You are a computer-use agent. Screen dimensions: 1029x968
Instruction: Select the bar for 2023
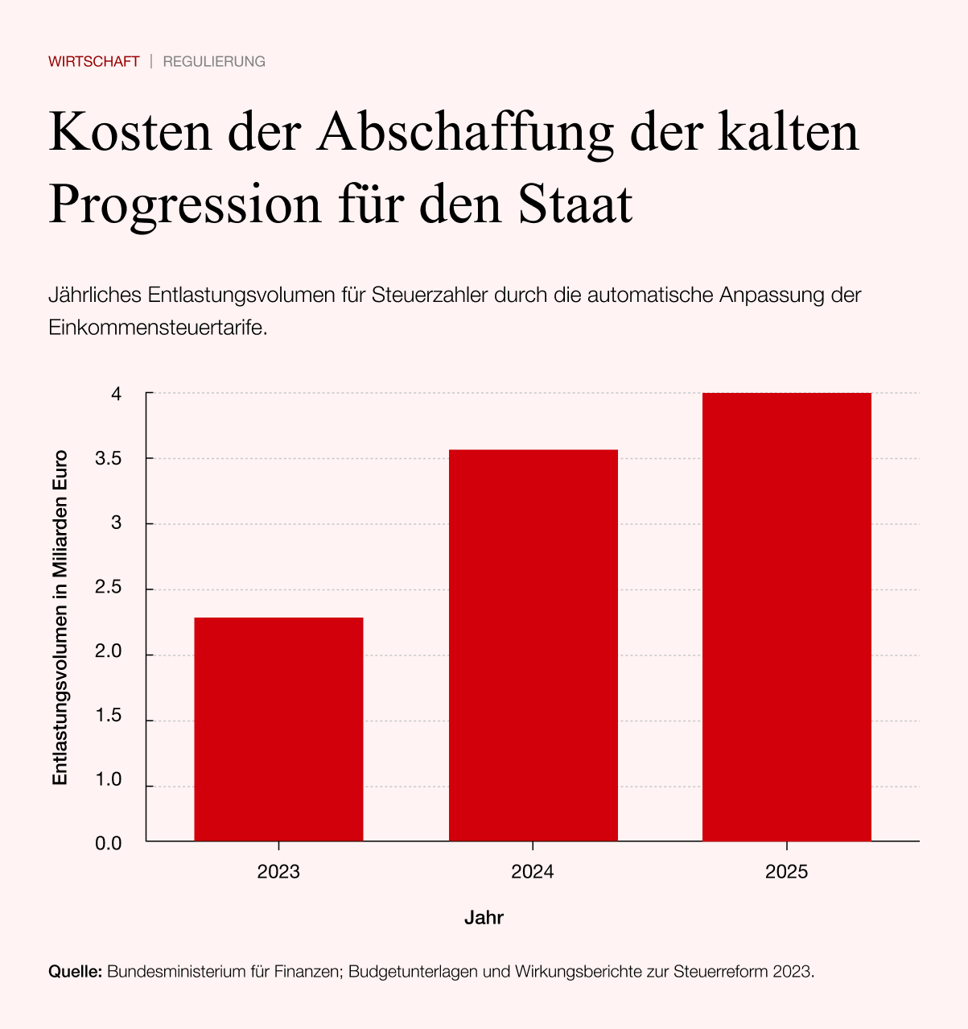(x=278, y=729)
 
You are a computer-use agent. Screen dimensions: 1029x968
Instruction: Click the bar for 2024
(x=533, y=645)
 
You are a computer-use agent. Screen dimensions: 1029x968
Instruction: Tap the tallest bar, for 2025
(x=786, y=617)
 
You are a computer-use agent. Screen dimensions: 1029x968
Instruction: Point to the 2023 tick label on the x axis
(x=278, y=872)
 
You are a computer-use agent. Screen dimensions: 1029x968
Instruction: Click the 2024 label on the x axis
(x=533, y=872)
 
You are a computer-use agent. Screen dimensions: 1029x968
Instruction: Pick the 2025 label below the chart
(x=786, y=872)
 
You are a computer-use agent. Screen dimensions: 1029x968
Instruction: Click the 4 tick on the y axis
(x=117, y=395)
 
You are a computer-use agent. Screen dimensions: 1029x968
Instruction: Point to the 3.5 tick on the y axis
(x=109, y=459)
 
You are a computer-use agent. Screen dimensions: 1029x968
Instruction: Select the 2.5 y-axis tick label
(x=109, y=588)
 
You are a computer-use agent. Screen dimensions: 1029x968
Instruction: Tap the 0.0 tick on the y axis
(x=109, y=843)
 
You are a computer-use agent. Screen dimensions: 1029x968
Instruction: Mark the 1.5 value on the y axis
(x=109, y=716)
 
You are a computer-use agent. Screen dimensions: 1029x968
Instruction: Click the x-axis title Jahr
(x=484, y=918)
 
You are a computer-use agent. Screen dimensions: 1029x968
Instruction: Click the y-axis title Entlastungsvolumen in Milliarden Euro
(x=60, y=618)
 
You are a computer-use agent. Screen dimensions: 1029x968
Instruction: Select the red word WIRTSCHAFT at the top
(x=94, y=62)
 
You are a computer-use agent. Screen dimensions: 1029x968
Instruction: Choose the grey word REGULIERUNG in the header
(x=214, y=62)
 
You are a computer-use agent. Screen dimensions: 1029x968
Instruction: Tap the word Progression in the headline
(x=185, y=205)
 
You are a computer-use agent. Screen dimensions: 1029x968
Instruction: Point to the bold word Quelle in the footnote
(x=75, y=972)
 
